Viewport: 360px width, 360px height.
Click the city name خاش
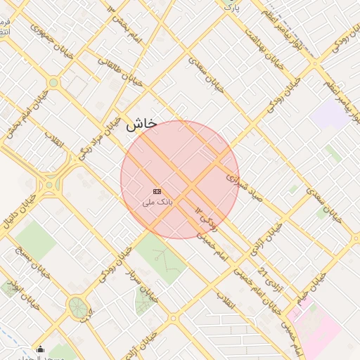point(141,126)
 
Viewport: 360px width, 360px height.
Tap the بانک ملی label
point(157,202)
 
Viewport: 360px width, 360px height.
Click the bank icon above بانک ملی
point(157,191)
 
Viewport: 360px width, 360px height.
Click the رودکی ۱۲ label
point(207,219)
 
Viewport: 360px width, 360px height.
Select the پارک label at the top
point(233,6)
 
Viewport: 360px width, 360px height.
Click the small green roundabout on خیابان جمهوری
point(53,83)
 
